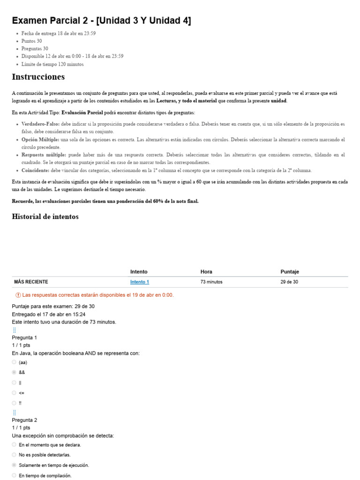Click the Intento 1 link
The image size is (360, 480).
139,282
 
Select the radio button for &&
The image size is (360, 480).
14,372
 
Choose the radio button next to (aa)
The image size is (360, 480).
14,362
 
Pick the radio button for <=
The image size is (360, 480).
14,393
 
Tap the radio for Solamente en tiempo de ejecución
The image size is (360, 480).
14,465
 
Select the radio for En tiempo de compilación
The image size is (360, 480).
14,475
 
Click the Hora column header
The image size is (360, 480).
206,272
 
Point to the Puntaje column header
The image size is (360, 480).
290,272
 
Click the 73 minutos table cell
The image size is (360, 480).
211,282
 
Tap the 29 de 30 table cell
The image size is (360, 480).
289,282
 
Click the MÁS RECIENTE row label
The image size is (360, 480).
31,282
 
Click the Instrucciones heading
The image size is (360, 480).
38,77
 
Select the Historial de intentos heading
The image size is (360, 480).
45,217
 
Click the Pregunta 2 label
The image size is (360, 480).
24,420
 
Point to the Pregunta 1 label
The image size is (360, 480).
24,337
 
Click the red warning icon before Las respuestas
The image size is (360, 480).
18,295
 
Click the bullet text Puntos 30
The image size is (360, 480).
31,41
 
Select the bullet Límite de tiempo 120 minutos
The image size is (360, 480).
52,64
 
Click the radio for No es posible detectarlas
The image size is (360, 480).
14,455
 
